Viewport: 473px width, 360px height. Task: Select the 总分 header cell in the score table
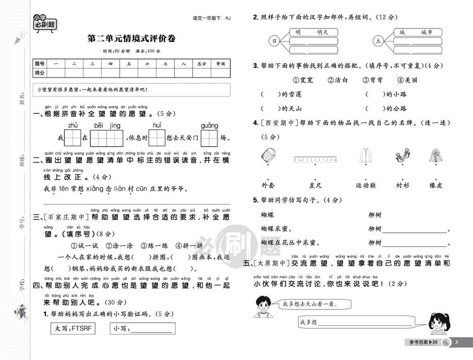coord(202,63)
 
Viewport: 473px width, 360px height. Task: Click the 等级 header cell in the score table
coord(220,63)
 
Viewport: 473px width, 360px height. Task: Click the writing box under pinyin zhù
coord(73,138)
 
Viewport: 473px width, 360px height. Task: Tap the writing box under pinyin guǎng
coord(209,138)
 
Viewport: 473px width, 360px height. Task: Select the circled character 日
coord(273,41)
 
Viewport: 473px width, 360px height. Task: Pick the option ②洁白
coord(338,80)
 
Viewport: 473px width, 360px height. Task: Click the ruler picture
coord(315,159)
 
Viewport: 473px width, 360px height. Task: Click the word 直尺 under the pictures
coord(315,185)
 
